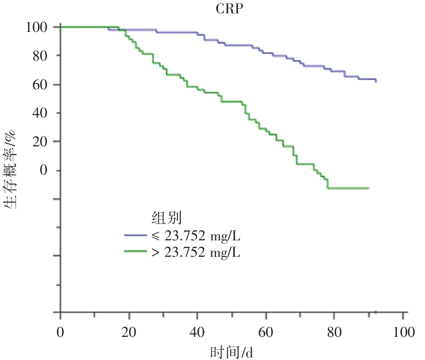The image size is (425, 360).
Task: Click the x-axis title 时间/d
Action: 232,353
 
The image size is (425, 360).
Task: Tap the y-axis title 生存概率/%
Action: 11,169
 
